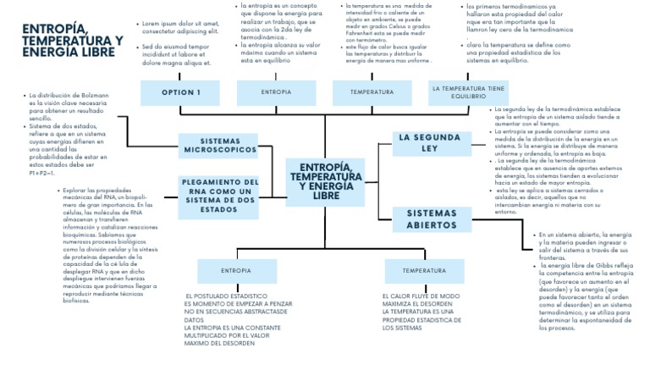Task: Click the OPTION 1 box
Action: click(181, 92)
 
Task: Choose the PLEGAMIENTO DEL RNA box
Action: click(219, 195)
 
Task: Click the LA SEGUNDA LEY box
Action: click(431, 142)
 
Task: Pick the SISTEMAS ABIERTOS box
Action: click(432, 218)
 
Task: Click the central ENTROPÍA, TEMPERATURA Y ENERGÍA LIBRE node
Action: click(325, 181)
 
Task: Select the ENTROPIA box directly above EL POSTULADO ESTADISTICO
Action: click(236, 271)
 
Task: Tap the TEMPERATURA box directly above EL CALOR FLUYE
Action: click(424, 271)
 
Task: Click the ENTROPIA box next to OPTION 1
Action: click(276, 91)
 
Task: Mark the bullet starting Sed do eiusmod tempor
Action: click(176, 54)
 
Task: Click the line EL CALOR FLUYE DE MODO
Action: click(421, 296)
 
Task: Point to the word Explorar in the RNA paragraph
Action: click(76, 191)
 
